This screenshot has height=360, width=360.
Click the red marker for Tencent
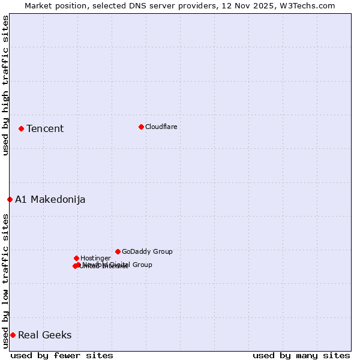(x=21, y=128)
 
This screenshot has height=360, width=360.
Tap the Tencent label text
(x=45, y=129)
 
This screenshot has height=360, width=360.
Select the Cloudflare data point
(x=141, y=127)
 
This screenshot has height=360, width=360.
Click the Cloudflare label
(x=161, y=127)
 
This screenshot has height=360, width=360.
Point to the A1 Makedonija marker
(x=10, y=199)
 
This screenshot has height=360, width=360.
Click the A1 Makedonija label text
(x=50, y=200)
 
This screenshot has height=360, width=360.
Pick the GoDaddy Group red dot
(x=118, y=251)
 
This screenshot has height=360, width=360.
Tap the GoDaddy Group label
(x=147, y=252)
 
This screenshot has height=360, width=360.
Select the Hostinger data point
(x=76, y=258)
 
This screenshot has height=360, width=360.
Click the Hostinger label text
(x=95, y=259)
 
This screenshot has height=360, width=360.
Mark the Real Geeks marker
(x=13, y=335)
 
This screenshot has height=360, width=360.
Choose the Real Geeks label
(x=45, y=335)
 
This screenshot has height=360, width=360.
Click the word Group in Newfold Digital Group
(x=142, y=265)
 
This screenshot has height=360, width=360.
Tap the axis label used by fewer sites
(x=62, y=356)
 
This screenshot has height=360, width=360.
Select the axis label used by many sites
(x=301, y=356)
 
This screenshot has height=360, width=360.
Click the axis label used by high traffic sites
(x=5, y=85)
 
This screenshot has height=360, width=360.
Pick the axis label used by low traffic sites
(x=5, y=281)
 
